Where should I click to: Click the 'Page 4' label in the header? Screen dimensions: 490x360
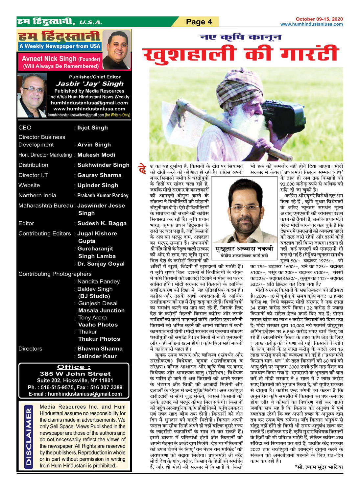199,22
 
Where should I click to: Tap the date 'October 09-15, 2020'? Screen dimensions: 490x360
319,19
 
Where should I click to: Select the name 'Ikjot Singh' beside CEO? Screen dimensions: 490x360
92,128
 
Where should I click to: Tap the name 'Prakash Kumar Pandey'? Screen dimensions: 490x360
103,195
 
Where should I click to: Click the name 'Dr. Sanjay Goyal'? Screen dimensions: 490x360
101,264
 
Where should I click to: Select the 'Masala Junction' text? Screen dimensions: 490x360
101,310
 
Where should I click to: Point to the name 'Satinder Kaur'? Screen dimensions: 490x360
97,356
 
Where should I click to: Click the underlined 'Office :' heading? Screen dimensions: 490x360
74,367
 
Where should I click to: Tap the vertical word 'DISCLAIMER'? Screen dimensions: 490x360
29,436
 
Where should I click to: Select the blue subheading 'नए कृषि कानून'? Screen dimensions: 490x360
241,37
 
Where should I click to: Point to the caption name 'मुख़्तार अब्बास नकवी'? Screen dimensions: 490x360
244,249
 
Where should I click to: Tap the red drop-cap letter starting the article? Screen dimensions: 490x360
143,169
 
